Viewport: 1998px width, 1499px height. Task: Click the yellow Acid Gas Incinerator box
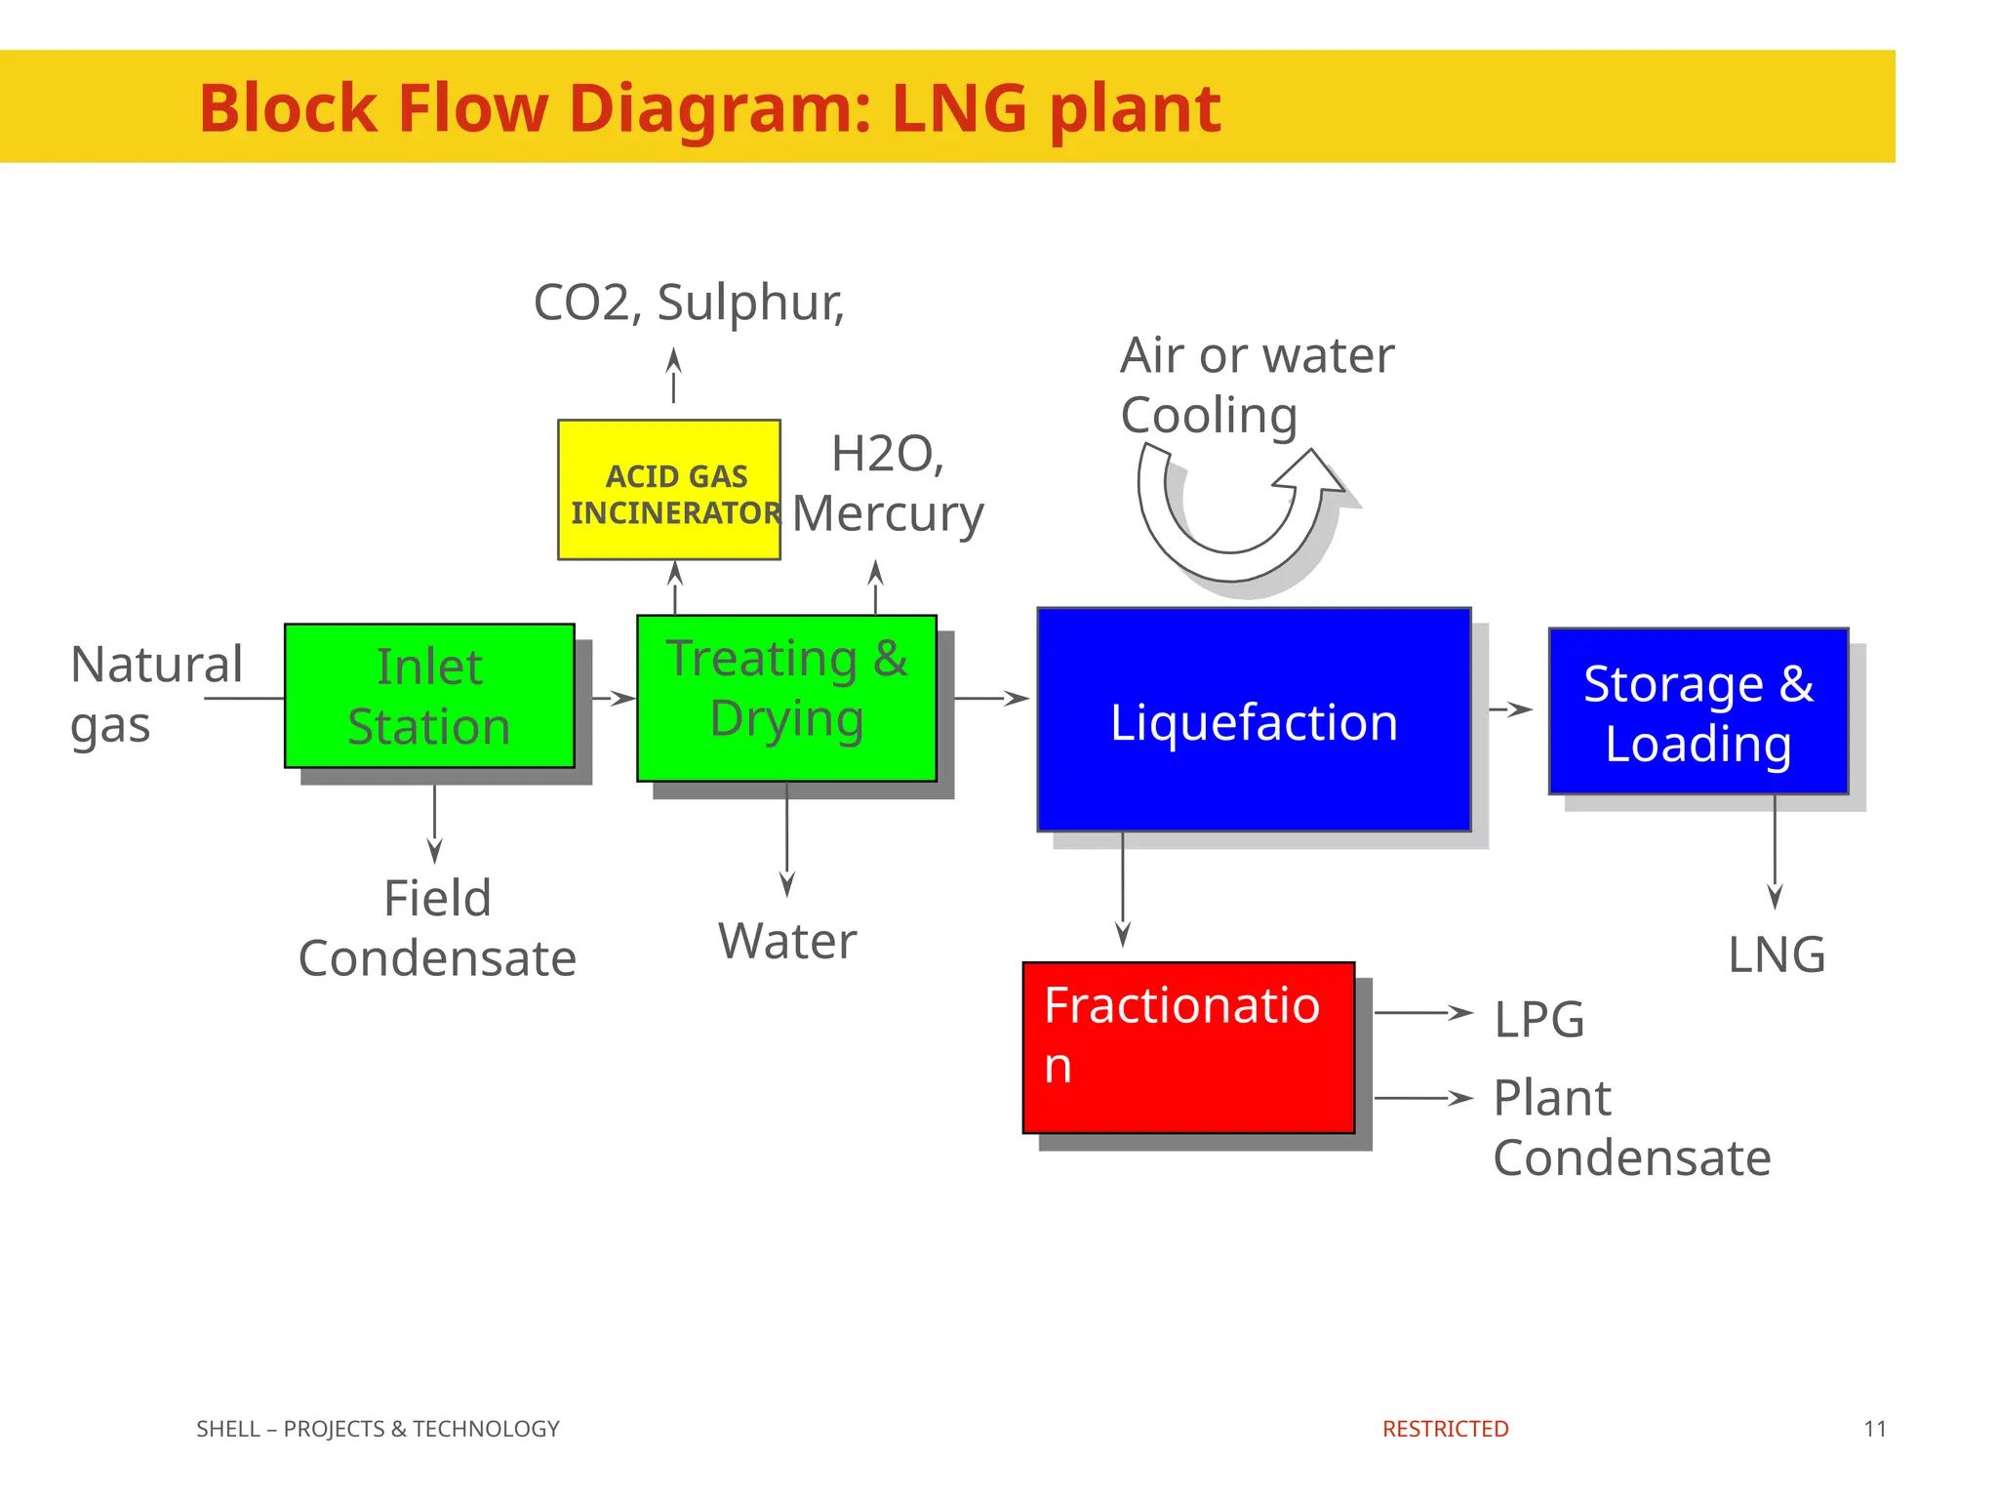[668, 490]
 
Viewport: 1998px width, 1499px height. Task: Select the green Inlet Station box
[429, 696]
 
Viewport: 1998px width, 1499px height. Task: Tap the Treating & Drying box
[786, 698]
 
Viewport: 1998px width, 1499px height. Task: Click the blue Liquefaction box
[1254, 720]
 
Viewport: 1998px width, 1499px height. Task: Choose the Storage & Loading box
[1698, 711]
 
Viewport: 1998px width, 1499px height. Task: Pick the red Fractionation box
[1188, 1047]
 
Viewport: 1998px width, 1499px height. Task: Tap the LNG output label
[1776, 954]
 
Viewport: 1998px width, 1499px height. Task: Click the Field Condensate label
[437, 928]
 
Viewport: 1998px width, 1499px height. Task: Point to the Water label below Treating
[787, 942]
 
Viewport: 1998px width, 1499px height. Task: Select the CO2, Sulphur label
[689, 303]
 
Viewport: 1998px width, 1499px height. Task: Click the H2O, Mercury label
[888, 484]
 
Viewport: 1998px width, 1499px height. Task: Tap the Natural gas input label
[156, 694]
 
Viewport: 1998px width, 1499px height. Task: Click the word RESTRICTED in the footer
[1445, 1429]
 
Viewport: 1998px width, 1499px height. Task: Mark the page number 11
[1874, 1429]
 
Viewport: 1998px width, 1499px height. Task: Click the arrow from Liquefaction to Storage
[1510, 709]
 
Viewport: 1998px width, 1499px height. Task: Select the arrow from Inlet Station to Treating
[614, 698]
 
